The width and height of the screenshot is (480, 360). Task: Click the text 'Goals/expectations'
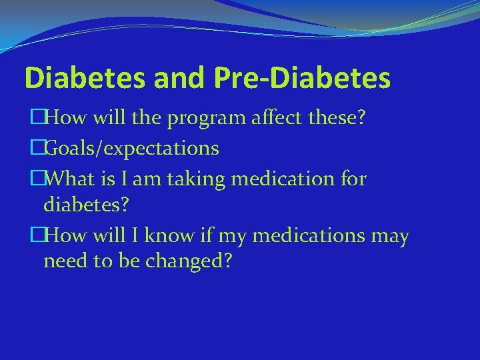tap(133, 148)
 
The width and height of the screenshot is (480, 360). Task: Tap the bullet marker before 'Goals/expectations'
tap(37, 148)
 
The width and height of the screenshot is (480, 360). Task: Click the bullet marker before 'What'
tap(37, 178)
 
